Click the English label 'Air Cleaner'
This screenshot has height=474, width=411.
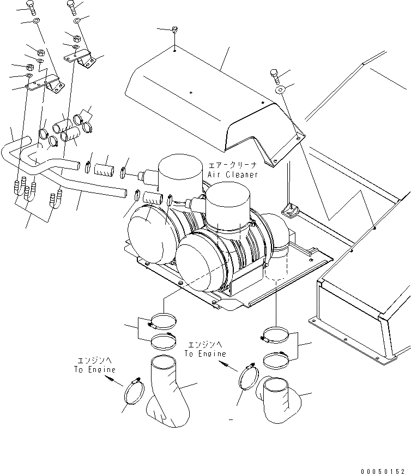coord(232,175)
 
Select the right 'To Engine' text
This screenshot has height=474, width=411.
coord(205,353)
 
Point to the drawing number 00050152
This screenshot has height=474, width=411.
coord(383,469)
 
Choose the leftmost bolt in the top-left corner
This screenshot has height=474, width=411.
coord(31,7)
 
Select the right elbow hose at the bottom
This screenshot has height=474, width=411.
coord(280,401)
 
